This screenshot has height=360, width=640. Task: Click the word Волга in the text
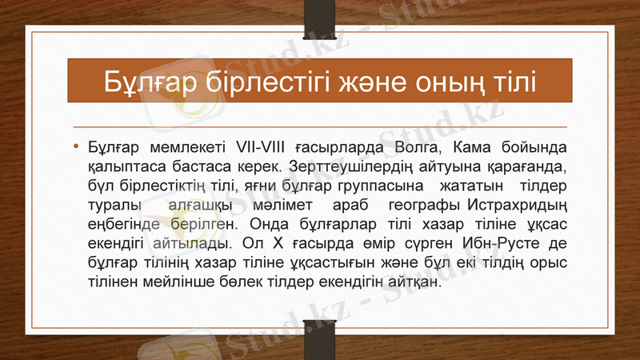point(418,149)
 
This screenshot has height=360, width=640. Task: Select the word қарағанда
point(528,167)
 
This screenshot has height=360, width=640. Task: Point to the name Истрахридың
point(518,205)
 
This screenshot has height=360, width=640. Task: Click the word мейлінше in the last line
point(169,280)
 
